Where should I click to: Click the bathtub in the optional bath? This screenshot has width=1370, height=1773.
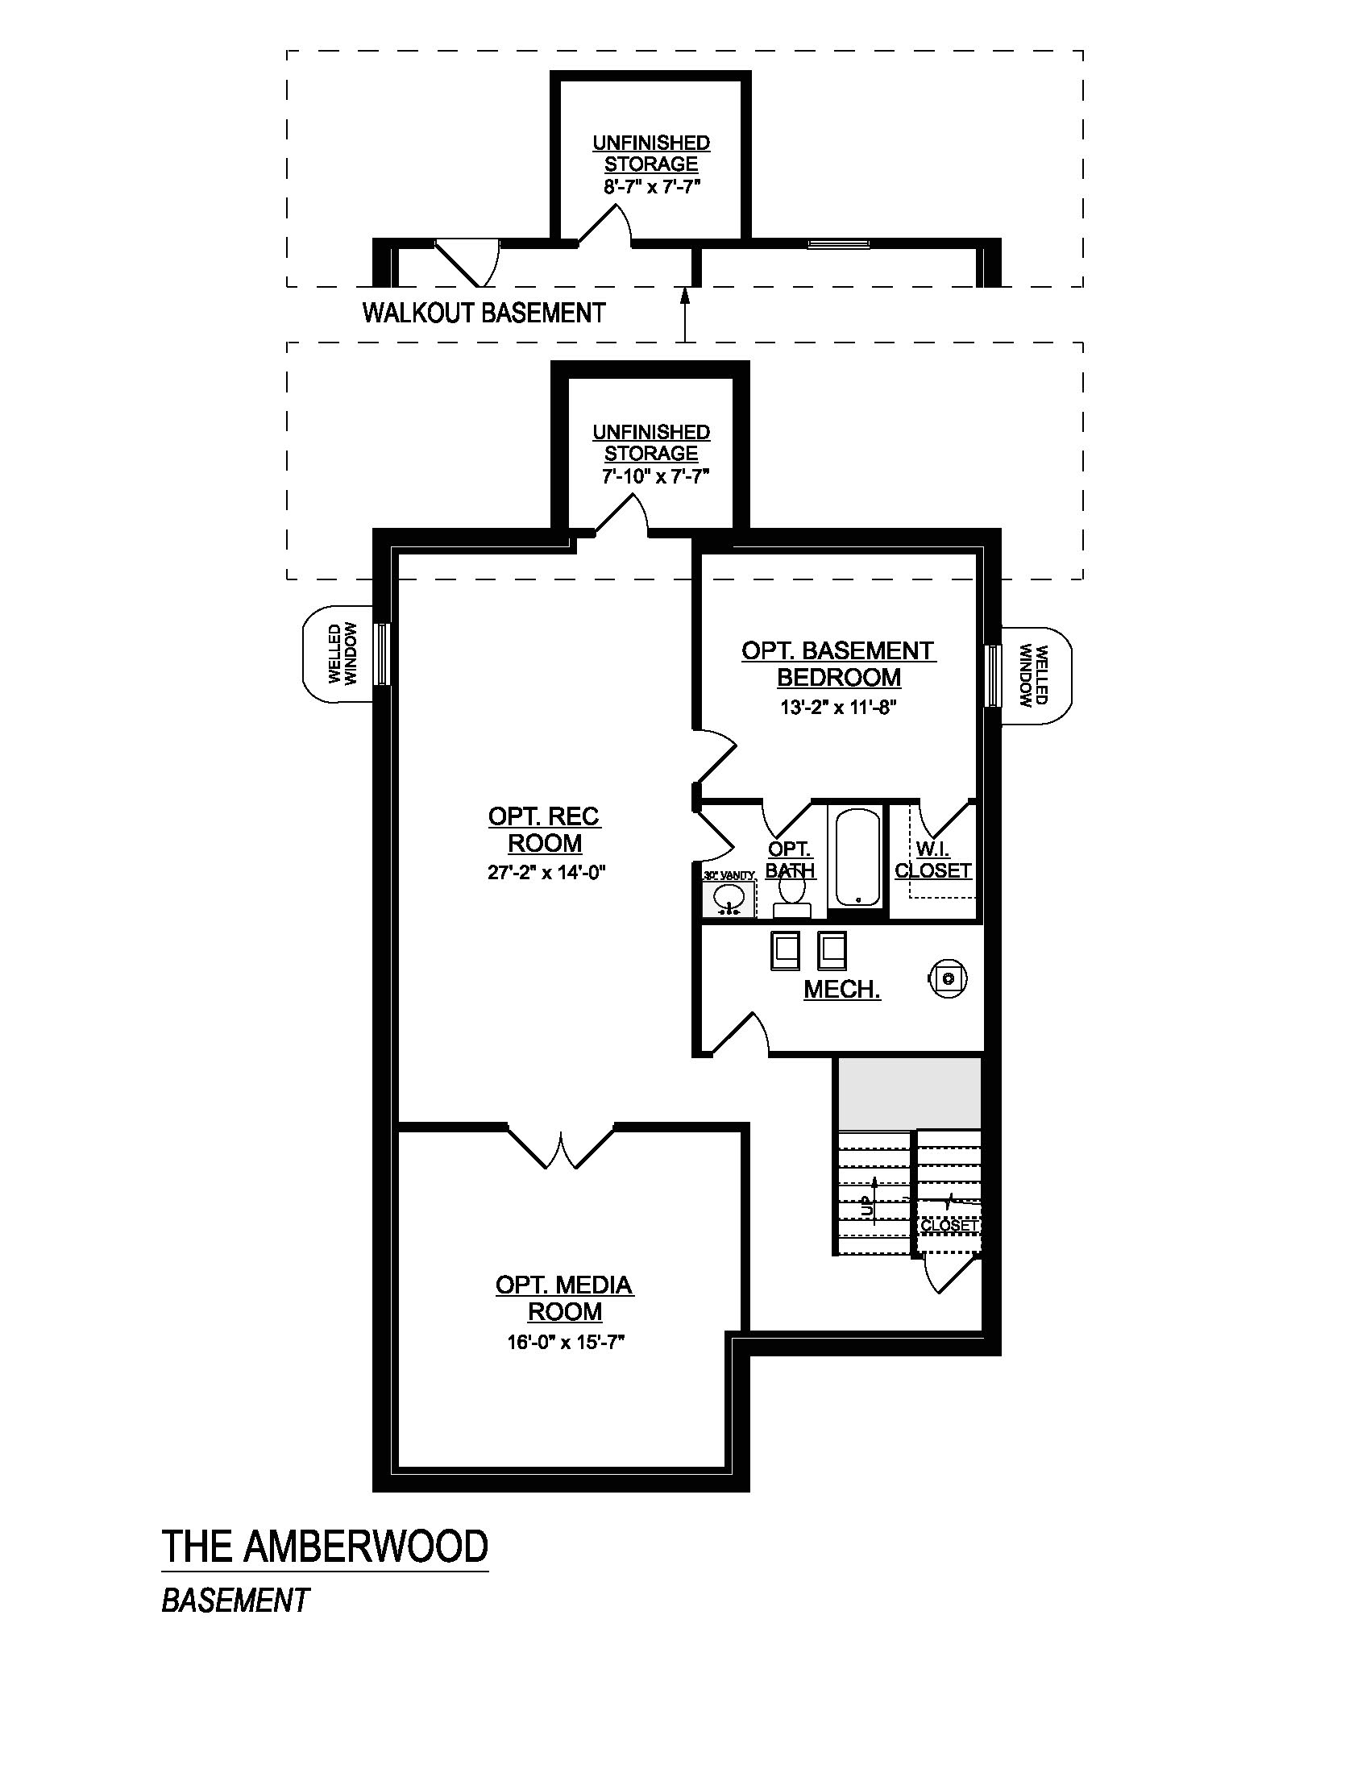(858, 857)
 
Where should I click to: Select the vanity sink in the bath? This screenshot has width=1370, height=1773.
(728, 899)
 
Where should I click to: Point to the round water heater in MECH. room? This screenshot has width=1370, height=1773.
(947, 978)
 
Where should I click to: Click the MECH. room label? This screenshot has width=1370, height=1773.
(841, 989)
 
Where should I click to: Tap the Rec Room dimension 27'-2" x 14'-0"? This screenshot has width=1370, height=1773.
(546, 873)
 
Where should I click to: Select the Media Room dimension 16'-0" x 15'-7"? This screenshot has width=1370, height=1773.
(566, 1343)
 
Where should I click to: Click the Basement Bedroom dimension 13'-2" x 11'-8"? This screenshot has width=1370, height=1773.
(837, 707)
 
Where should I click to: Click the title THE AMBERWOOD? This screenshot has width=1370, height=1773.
(326, 1547)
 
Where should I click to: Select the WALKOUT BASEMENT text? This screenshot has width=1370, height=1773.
(484, 313)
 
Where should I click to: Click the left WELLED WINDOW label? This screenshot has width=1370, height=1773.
(342, 654)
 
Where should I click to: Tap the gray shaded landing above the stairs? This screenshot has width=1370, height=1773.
(910, 1094)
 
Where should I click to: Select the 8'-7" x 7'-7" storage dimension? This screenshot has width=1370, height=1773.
(652, 186)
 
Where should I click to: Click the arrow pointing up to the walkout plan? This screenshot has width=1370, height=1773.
(685, 316)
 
